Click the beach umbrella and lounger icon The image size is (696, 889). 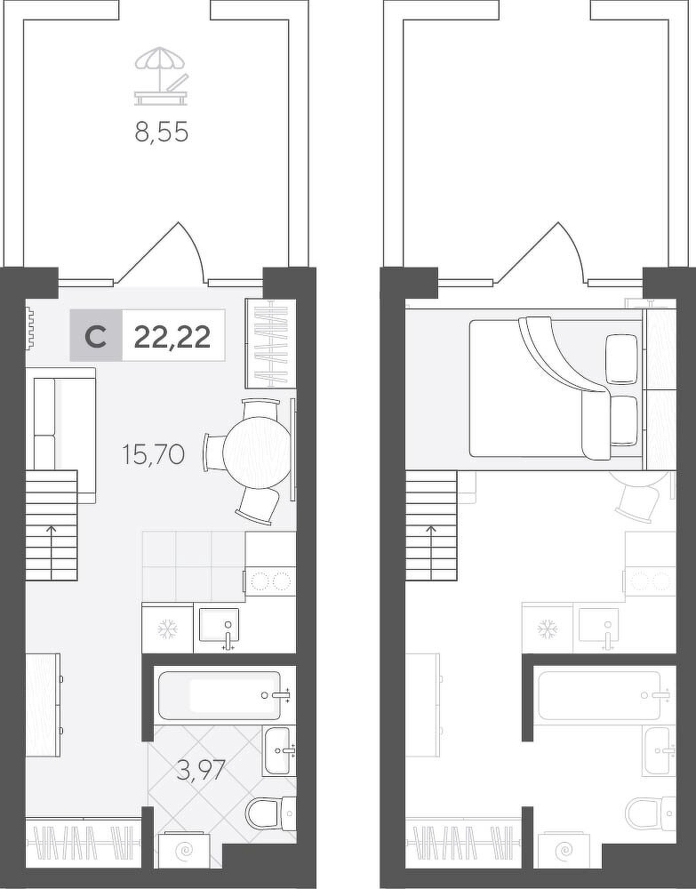point(161,76)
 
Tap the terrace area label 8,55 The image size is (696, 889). point(162,132)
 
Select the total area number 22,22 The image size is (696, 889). point(172,338)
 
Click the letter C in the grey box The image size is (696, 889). point(95,338)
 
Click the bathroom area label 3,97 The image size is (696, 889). point(201,771)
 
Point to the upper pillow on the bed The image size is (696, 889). point(622,359)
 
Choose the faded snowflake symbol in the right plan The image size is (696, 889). point(548,629)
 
